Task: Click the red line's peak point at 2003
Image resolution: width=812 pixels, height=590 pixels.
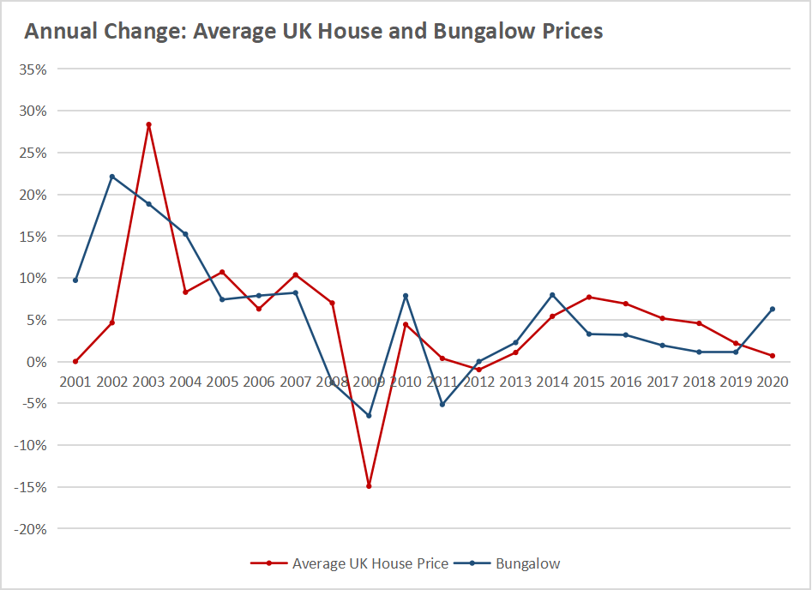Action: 148,124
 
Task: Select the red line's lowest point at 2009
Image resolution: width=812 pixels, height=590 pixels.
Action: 369,486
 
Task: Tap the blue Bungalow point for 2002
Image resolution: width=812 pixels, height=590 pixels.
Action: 111,177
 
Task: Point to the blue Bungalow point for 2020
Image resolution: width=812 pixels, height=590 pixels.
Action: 773,309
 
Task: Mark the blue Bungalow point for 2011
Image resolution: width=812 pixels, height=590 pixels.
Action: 442,404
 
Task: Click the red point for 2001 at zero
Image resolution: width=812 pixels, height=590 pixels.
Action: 75,361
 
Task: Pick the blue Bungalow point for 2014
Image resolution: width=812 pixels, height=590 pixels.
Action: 552,295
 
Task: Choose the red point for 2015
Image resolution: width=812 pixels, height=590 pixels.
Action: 589,298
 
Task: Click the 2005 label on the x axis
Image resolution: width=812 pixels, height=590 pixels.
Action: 222,381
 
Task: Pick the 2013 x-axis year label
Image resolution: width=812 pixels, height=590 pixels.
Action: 515,381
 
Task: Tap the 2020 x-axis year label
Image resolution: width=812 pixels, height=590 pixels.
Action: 772,381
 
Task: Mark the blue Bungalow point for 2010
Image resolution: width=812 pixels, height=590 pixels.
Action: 406,296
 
